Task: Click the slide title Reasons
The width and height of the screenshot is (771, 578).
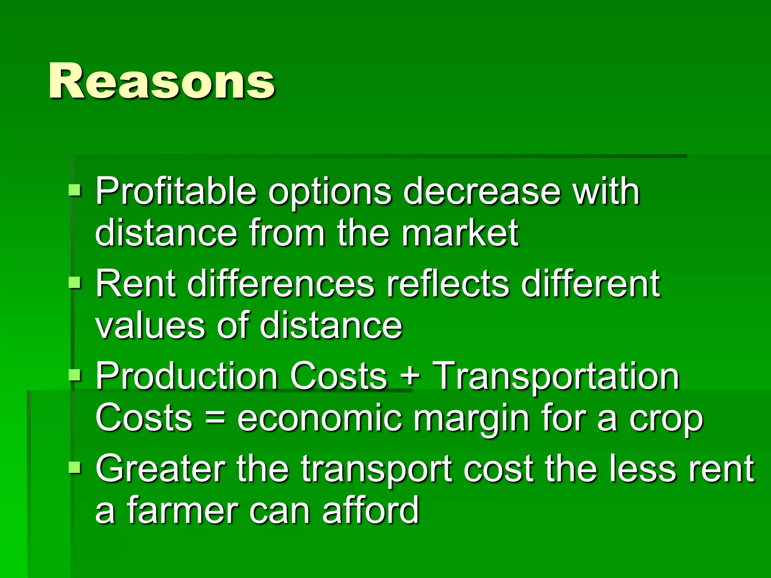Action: click(162, 81)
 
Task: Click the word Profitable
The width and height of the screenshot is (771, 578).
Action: click(176, 192)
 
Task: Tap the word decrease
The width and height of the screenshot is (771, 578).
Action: click(482, 192)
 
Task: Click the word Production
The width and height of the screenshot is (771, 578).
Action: click(187, 376)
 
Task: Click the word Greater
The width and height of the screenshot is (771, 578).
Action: click(160, 469)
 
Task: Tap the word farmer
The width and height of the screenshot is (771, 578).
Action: click(182, 510)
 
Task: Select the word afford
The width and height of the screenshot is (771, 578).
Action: click(370, 510)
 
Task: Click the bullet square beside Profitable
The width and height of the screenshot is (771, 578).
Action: click(75, 190)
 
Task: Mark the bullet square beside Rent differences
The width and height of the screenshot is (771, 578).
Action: click(75, 282)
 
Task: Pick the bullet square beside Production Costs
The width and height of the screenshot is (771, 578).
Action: click(75, 375)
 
